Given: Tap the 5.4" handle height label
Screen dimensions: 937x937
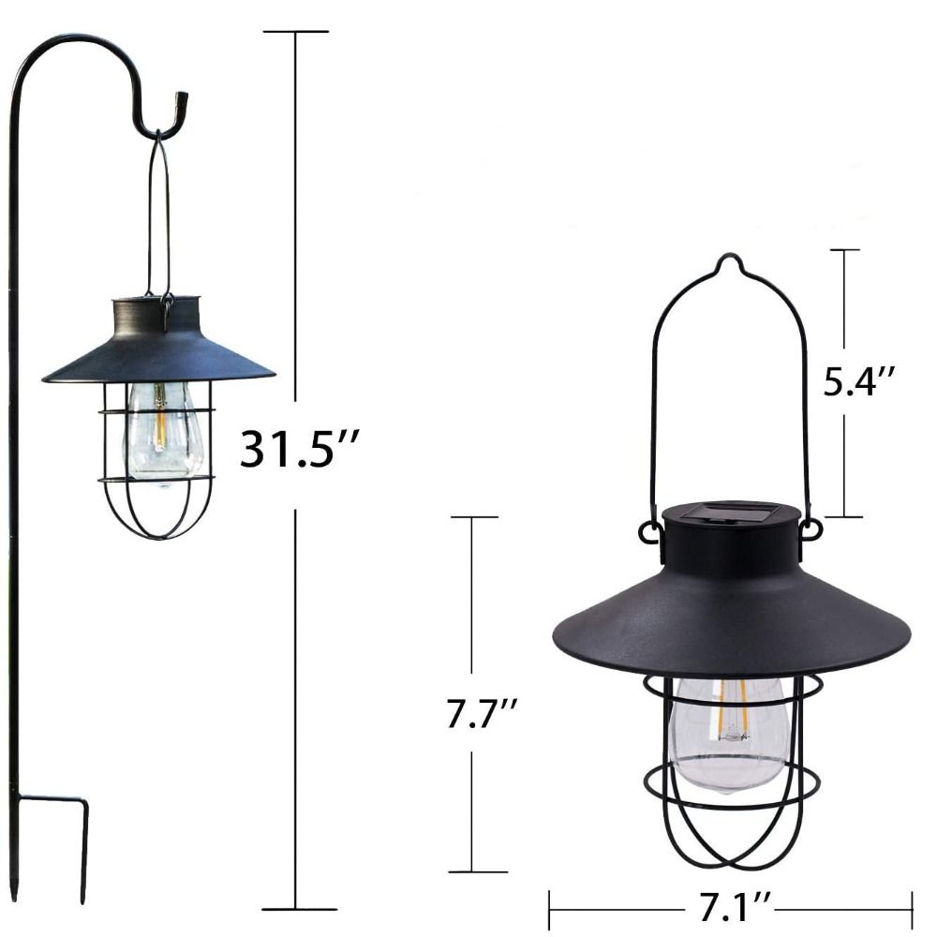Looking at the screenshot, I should (x=860, y=382).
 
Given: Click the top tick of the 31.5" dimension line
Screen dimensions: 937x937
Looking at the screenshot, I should (x=296, y=32).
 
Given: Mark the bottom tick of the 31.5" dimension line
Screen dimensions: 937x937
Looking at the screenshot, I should (x=299, y=908).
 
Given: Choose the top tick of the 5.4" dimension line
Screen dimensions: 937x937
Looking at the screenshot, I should (x=844, y=250).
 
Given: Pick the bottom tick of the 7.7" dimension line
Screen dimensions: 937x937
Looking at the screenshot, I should (x=471, y=871).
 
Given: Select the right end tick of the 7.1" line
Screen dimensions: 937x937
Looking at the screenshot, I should (x=912, y=908).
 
